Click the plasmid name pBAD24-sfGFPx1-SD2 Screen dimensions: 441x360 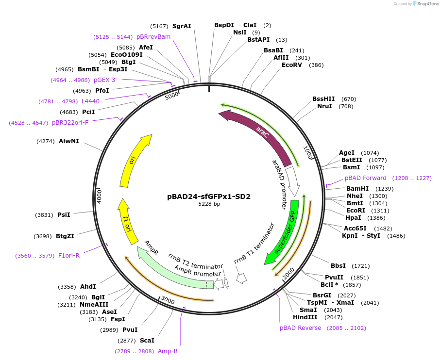(x=209, y=196)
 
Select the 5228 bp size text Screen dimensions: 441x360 (x=209, y=204)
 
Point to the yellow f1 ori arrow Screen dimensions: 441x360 (x=127, y=223)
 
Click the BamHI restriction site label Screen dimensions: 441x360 (x=357, y=189)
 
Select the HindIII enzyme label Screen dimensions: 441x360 (x=305, y=317)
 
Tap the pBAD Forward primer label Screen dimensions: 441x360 (x=365, y=178)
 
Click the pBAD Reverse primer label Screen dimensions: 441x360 (x=300, y=328)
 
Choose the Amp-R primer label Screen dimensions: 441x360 (x=168, y=351)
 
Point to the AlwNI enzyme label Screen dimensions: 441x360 (x=68, y=141)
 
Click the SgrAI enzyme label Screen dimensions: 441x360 (x=182, y=26)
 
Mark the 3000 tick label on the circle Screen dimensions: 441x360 (x=168, y=300)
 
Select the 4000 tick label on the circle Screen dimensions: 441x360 (x=99, y=196)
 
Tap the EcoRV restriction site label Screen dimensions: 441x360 (x=292, y=65)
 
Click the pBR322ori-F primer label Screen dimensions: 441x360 (x=70, y=123)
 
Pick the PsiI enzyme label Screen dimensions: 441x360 (x=64, y=215)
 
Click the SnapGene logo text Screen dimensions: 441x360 (x=427, y=4)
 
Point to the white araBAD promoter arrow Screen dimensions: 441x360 (x=292, y=181)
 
